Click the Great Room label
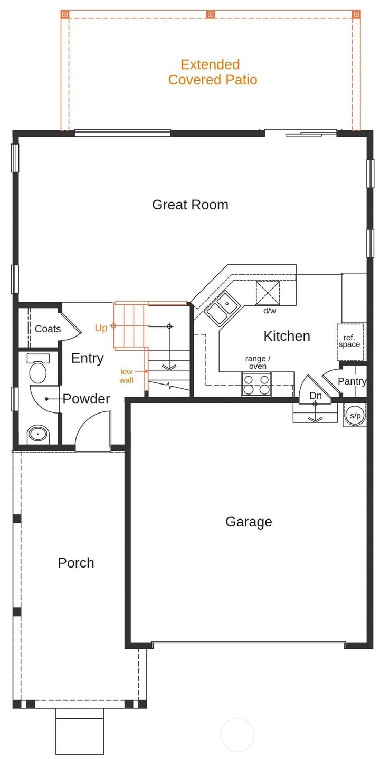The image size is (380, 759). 190,205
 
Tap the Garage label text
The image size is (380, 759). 249,522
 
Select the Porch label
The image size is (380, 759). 76,563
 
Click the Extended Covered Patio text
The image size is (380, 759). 213,72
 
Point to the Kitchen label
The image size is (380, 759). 287,336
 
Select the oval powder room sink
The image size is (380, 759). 38,434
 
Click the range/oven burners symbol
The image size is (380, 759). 256,384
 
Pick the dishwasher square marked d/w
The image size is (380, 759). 268,293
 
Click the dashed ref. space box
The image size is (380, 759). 350,342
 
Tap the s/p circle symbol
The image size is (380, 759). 355,415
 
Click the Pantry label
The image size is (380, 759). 352,381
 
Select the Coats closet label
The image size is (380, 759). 48,329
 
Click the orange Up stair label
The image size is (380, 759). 101,328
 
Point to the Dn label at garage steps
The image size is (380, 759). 315,396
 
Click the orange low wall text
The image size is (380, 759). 127,376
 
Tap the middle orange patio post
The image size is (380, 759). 211,14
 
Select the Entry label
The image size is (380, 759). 88,358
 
